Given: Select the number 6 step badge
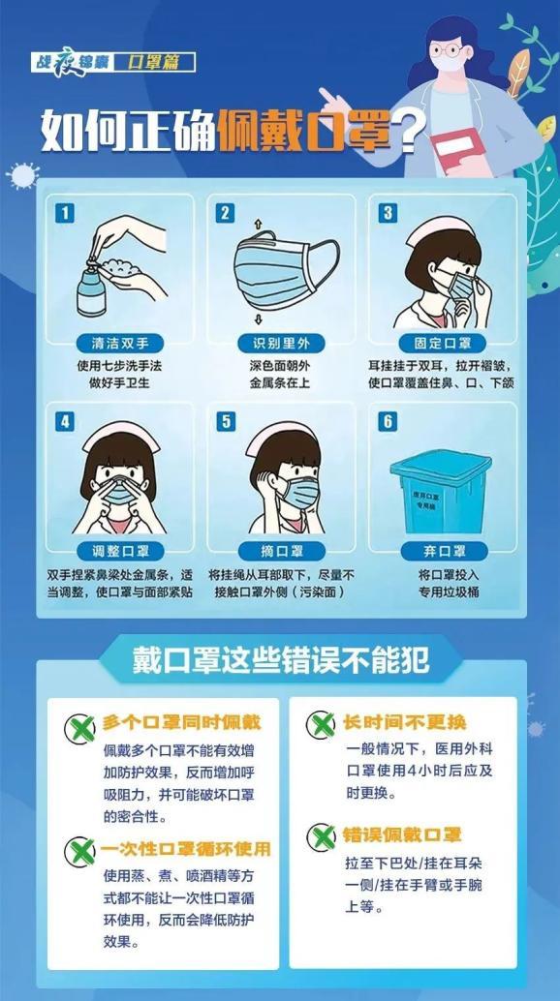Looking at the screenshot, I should tap(389, 422).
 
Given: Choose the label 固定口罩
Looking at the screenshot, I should tap(441, 343).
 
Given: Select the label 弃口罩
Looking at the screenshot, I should tap(441, 552).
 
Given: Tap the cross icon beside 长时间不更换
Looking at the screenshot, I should tap(321, 725).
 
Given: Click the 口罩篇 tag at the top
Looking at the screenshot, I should tap(161, 62).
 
